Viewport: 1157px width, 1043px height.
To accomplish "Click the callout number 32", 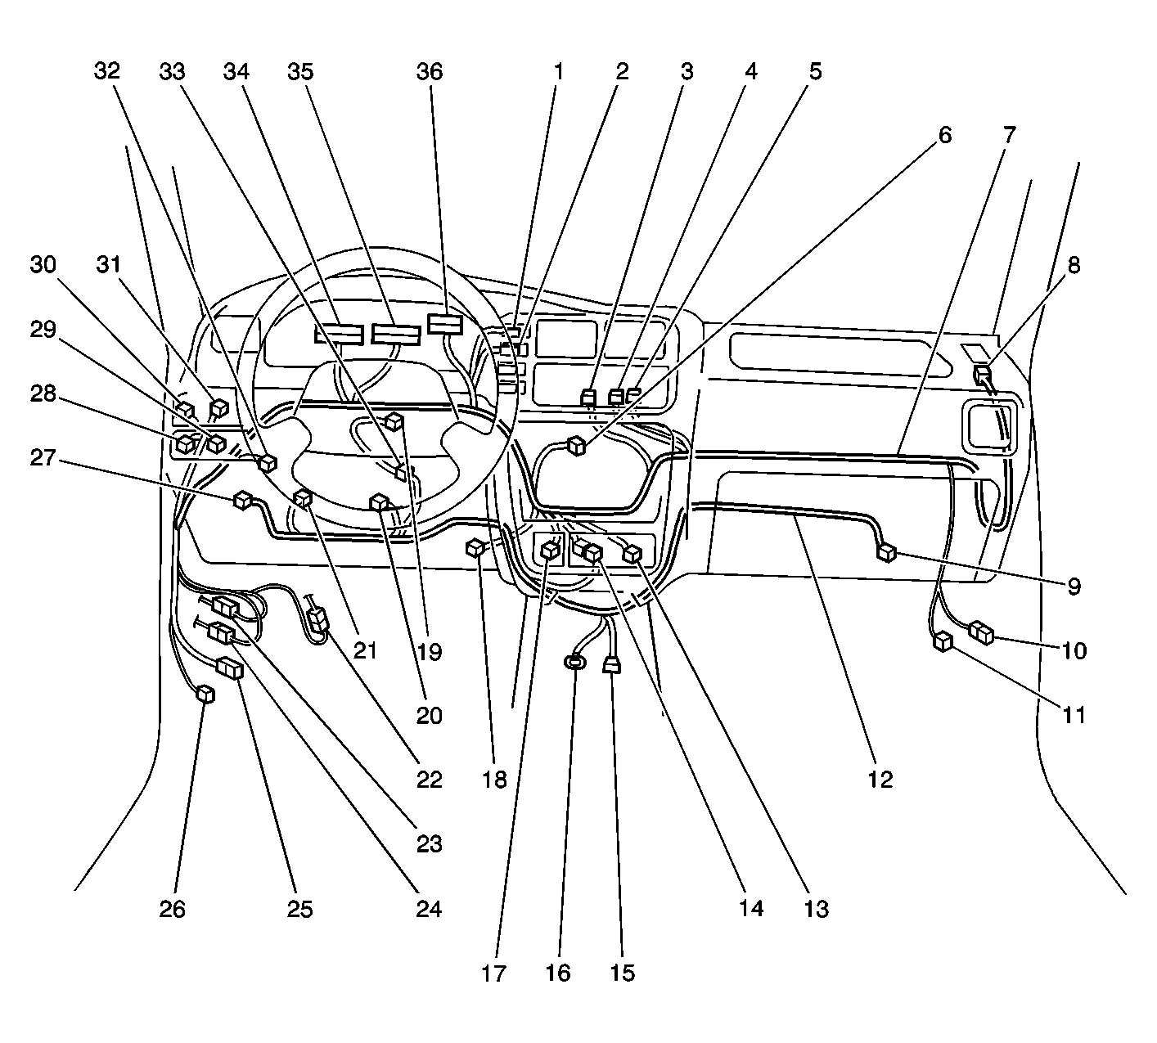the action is [x=107, y=71].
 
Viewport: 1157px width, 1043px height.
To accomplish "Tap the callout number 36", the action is [x=430, y=72].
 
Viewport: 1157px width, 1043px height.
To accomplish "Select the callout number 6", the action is [x=945, y=135].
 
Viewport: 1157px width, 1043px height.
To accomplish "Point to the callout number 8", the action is [x=1074, y=265].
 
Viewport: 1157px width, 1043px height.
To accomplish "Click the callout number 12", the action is [x=880, y=780].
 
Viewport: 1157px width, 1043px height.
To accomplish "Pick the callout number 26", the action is [x=173, y=909].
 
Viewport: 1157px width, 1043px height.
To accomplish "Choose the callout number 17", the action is [x=493, y=973].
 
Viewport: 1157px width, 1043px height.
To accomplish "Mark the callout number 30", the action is [x=43, y=265].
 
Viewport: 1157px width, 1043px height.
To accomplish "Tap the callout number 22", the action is [x=429, y=780].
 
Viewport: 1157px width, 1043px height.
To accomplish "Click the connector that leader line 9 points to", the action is [x=886, y=553].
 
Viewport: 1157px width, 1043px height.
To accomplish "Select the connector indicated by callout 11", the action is [x=943, y=641].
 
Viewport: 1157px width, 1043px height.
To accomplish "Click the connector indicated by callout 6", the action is [x=577, y=446].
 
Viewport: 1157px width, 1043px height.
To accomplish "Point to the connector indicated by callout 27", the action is [x=243, y=500].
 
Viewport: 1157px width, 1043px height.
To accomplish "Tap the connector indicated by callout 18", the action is [x=475, y=547].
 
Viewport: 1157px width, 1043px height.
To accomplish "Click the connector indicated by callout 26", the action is [x=205, y=694].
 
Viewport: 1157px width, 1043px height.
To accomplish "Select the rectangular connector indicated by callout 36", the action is [x=445, y=324].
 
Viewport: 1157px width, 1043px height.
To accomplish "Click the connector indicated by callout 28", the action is [x=185, y=444].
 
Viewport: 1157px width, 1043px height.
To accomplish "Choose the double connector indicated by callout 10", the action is [x=982, y=632].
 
